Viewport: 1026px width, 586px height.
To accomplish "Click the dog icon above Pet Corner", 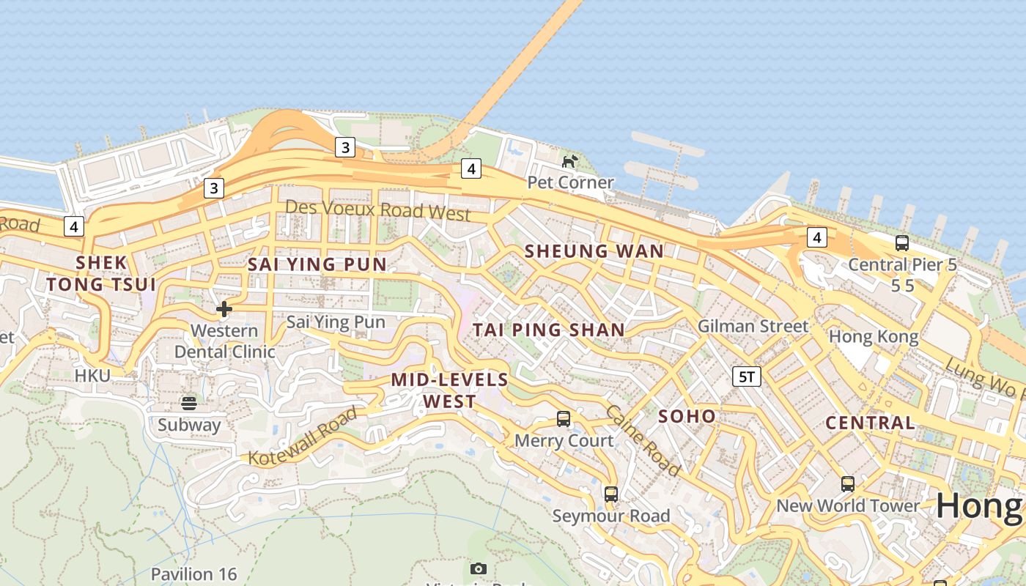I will pyautogui.click(x=569, y=160).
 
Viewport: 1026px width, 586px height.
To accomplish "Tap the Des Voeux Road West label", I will pyautogui.click(x=377, y=210).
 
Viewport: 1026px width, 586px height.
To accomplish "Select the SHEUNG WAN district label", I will pyautogui.click(x=594, y=251).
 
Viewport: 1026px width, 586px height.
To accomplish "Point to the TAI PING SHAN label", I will pyautogui.click(x=549, y=330).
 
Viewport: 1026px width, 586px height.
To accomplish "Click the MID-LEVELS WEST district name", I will pyautogui.click(x=449, y=390).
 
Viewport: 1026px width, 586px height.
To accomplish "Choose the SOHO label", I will pyautogui.click(x=687, y=417).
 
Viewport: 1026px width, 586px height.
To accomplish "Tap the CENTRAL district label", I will pyautogui.click(x=870, y=423).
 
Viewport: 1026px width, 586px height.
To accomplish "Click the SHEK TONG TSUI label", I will pyautogui.click(x=101, y=273).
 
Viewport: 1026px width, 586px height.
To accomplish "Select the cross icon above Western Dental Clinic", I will pyautogui.click(x=224, y=309).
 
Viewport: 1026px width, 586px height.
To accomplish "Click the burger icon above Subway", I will pyautogui.click(x=189, y=403).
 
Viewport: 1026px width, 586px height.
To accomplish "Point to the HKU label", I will pyautogui.click(x=92, y=376).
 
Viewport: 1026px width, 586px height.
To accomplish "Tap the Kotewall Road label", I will pyautogui.click(x=303, y=437).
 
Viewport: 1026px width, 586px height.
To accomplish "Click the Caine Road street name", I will pyautogui.click(x=643, y=439).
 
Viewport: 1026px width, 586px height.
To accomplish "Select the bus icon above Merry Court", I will pyautogui.click(x=564, y=419).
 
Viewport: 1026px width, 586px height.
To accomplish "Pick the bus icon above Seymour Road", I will pyautogui.click(x=611, y=494).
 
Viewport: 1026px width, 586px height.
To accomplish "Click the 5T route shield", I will pyautogui.click(x=747, y=377).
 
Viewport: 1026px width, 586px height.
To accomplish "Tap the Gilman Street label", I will pyautogui.click(x=753, y=326).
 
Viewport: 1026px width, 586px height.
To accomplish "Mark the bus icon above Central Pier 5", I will pyautogui.click(x=902, y=242).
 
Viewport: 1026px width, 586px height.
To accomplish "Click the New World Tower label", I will pyautogui.click(x=848, y=505).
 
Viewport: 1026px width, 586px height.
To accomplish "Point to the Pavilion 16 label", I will pyautogui.click(x=193, y=574).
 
